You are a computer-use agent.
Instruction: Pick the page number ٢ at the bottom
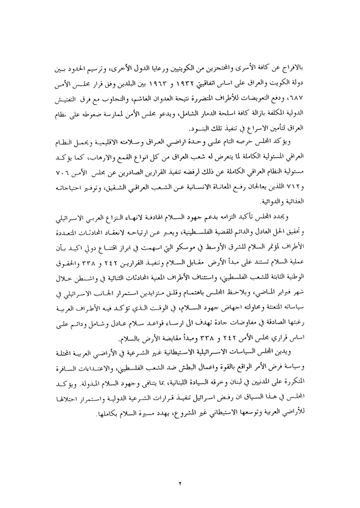(x=179, y=483)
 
